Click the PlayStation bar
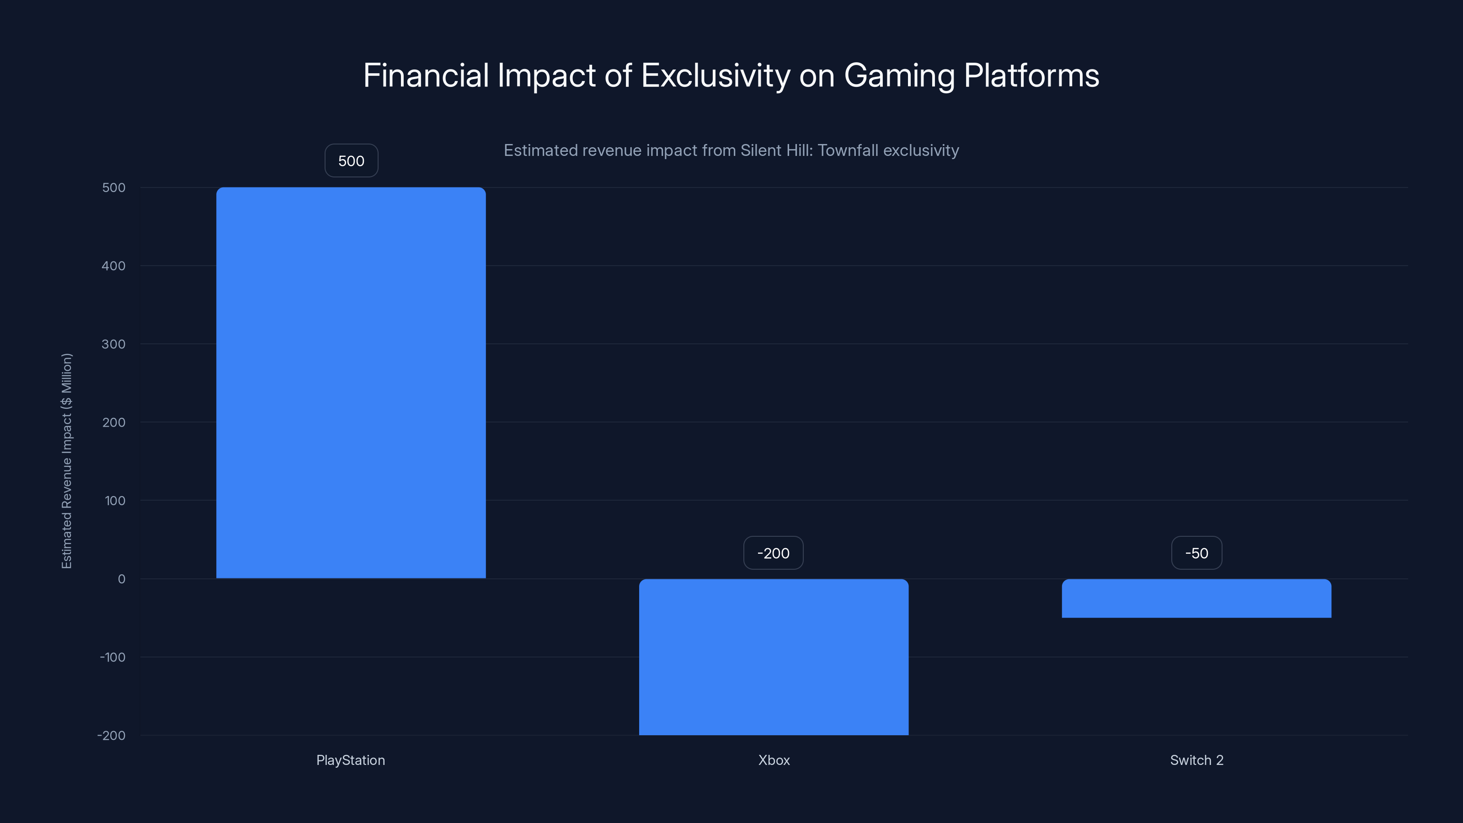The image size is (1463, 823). click(351, 382)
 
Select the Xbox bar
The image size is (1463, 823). click(774, 657)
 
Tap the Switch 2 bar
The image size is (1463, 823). click(1196, 598)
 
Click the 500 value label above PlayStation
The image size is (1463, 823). click(351, 161)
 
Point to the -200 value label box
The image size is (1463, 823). click(773, 553)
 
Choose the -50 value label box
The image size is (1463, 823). click(1196, 553)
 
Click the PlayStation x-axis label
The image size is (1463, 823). click(350, 760)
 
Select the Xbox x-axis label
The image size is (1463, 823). click(774, 760)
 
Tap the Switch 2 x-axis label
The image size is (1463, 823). click(1196, 760)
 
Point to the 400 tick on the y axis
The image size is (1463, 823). click(113, 266)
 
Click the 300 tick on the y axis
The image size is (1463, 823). click(113, 344)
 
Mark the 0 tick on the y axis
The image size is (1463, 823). click(122, 579)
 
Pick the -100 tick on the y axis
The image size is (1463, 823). click(112, 657)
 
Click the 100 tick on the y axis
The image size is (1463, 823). click(115, 500)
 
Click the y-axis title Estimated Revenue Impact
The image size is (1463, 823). click(67, 460)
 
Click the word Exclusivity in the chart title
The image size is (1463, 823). click(715, 75)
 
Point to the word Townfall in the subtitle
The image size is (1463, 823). click(848, 150)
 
